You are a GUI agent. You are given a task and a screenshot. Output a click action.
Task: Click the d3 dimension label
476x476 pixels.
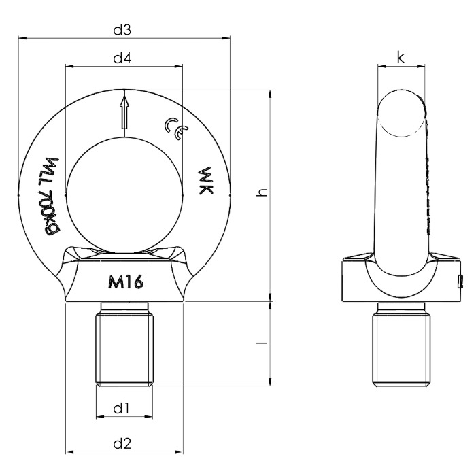click(x=122, y=30)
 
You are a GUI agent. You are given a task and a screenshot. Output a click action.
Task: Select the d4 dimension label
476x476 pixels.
click(x=122, y=58)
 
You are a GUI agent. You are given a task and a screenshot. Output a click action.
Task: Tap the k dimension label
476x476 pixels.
click(x=401, y=57)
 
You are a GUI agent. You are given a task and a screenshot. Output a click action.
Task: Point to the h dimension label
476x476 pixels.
click(x=261, y=192)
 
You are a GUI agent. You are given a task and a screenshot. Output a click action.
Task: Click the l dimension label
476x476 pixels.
click(x=261, y=343)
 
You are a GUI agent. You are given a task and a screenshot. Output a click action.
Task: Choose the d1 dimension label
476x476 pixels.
click(x=122, y=408)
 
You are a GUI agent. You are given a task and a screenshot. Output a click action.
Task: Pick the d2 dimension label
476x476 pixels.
click(x=122, y=443)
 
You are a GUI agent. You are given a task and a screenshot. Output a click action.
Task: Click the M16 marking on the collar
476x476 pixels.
click(x=125, y=283)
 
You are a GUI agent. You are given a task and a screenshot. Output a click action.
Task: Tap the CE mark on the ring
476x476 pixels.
click(x=176, y=129)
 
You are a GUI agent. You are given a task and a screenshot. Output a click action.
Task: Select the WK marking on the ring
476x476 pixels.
click(x=205, y=181)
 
